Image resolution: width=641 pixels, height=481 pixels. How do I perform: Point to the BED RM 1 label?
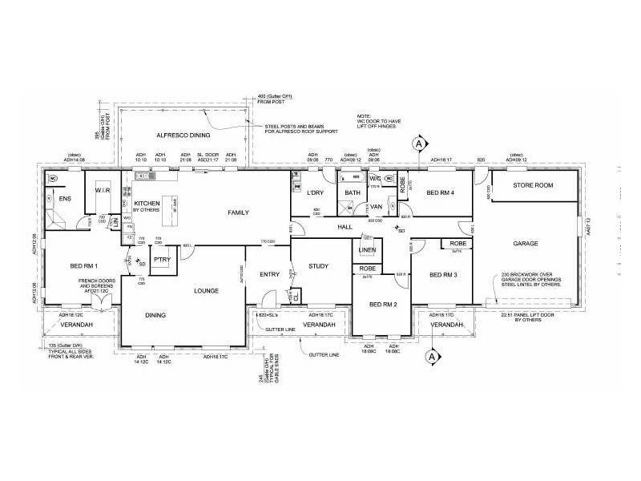tap(83, 265)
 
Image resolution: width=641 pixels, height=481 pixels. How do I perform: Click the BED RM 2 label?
tap(384, 305)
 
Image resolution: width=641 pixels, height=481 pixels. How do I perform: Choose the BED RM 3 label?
tap(443, 275)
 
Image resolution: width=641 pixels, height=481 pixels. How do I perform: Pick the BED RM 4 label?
tap(441, 193)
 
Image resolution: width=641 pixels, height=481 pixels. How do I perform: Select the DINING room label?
tap(155, 315)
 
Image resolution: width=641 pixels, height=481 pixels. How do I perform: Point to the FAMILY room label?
tap(238, 212)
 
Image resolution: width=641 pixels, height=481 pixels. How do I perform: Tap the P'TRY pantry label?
tap(163, 261)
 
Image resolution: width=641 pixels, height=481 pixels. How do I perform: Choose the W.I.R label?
tap(102, 191)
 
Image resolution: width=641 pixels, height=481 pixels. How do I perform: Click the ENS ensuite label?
tap(67, 199)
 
